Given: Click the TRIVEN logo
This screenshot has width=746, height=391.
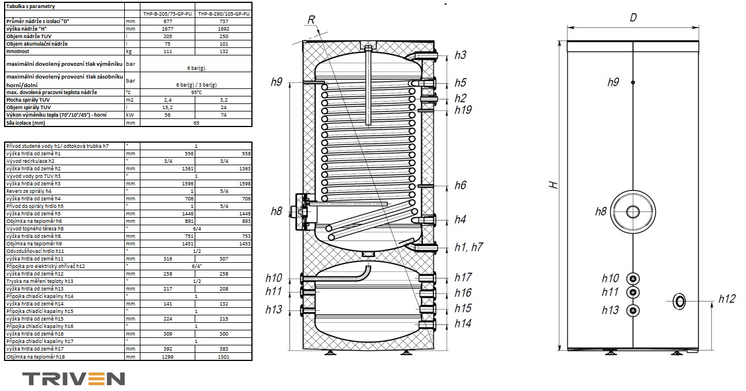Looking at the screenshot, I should click(74, 378).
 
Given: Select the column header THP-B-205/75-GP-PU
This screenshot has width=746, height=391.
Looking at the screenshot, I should click(168, 13).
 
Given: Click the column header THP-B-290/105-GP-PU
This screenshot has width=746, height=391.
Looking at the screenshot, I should click(224, 13).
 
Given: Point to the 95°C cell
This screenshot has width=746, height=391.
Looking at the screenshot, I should click(196, 92).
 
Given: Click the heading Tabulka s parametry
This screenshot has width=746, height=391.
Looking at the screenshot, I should click(31, 5).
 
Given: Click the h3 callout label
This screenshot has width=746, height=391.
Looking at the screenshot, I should click(460, 55).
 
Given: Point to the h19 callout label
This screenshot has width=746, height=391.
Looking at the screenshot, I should click(463, 110).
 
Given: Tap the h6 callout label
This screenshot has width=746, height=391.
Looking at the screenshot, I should click(460, 185).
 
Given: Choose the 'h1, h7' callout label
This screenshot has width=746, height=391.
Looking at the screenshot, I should click(468, 247).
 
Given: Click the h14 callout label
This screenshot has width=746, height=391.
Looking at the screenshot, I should click(463, 323).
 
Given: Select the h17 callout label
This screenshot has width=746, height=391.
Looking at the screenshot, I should click(463, 278).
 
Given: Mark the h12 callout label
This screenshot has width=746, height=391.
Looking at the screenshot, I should click(727, 299).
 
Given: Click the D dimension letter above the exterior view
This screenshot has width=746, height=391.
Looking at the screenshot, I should click(633, 17).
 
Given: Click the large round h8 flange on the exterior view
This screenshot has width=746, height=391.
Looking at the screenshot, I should click(634, 211).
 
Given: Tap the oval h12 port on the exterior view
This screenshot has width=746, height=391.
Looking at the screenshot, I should click(680, 301).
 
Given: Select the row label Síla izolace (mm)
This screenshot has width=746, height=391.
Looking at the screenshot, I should click(26, 122).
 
